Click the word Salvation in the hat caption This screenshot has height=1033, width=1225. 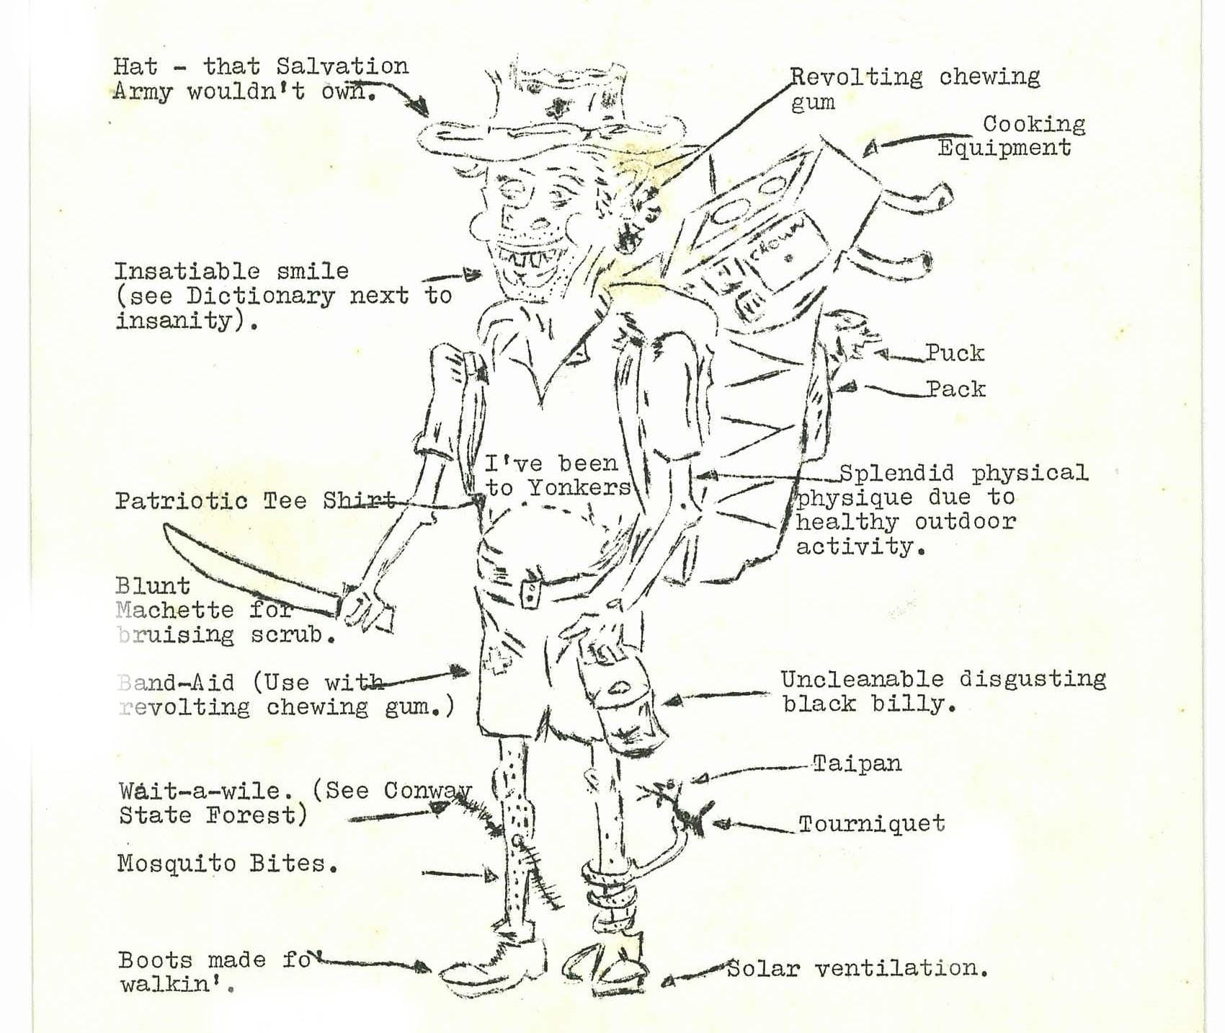(342, 66)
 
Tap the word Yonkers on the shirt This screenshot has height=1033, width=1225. (579, 488)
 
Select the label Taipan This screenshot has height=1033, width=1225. (857, 763)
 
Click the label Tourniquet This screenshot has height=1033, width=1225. (871, 823)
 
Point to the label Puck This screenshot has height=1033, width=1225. (955, 353)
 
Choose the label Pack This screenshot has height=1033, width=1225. (955, 389)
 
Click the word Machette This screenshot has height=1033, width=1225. (174, 610)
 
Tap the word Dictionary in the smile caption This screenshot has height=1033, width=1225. (261, 296)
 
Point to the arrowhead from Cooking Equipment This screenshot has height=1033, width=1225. (870, 148)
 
